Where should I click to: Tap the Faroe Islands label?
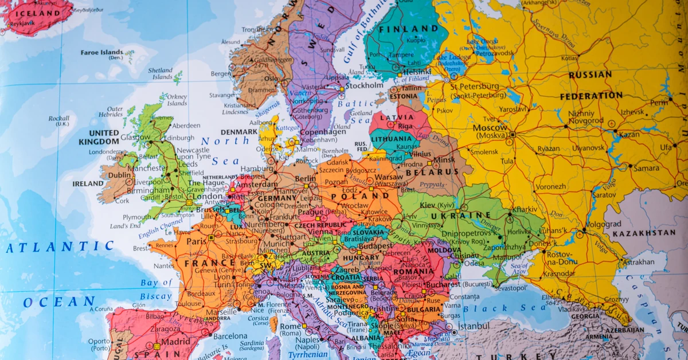click(101, 52)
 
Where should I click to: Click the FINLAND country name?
click(405, 29)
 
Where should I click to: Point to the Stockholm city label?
click(364, 85)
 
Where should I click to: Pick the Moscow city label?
click(490, 127)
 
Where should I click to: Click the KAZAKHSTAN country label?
click(644, 233)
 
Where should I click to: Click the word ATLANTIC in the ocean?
click(60, 247)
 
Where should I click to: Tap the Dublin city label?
click(120, 175)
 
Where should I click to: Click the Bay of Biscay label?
click(157, 289)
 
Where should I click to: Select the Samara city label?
click(646, 168)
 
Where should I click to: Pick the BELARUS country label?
click(432, 171)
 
